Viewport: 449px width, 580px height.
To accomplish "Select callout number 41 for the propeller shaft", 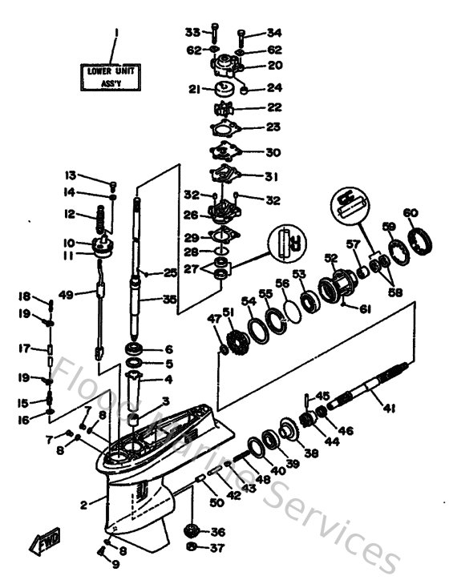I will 389,409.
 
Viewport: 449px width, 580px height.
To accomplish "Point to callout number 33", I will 192,32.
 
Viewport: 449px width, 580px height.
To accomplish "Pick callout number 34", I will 274,33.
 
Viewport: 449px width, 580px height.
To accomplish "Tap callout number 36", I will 218,532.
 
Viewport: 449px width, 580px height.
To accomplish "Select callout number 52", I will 330,257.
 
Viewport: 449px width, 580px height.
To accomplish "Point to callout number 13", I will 71,175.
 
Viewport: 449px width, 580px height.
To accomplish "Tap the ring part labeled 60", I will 418,240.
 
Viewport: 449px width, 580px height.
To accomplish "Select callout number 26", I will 190,215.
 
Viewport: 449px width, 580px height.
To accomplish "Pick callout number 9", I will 115,564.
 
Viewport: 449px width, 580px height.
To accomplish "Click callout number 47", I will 212,319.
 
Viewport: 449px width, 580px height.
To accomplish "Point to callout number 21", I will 193,90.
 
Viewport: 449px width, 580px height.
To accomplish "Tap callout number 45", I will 322,395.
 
